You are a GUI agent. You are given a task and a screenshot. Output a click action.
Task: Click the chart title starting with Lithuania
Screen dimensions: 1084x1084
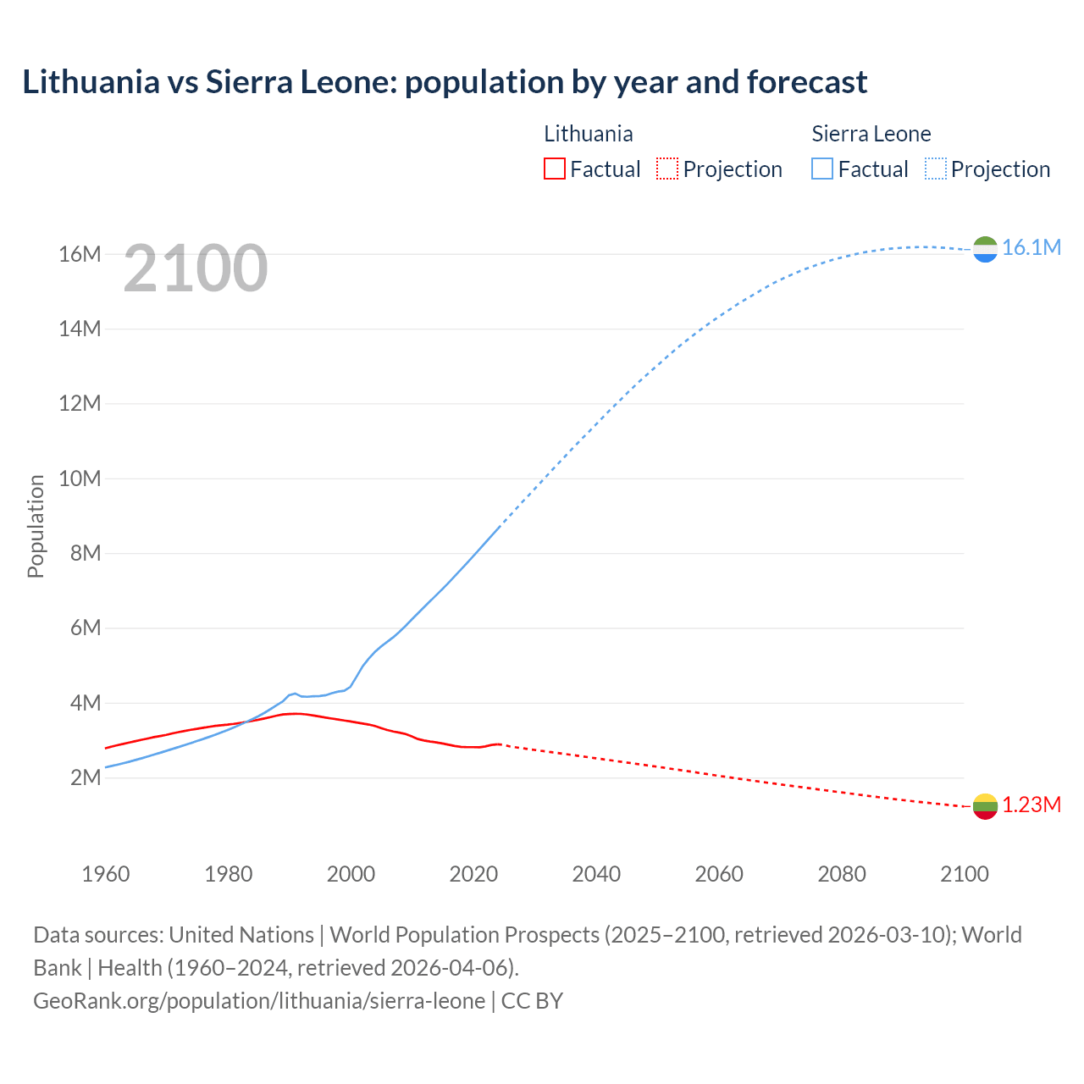click(445, 82)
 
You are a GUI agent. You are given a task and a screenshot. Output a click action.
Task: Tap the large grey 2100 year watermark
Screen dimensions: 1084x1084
click(196, 268)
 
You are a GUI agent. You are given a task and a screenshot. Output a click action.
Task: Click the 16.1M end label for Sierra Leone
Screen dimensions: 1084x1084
click(1031, 247)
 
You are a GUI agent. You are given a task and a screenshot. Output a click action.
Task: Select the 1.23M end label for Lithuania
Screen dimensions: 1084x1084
click(1031, 805)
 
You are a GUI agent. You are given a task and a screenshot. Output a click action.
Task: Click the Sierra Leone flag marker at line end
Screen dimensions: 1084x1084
click(985, 249)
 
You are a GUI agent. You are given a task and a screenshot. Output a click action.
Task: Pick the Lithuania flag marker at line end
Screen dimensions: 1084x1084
click(985, 806)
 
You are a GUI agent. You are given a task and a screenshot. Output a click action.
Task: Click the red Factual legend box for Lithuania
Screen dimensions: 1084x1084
click(554, 169)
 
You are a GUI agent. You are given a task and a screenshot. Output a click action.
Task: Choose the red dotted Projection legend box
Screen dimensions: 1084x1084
click(667, 169)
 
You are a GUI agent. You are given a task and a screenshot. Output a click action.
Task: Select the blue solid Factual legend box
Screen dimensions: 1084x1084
click(822, 169)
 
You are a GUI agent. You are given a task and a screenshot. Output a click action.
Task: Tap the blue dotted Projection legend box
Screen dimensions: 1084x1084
click(935, 169)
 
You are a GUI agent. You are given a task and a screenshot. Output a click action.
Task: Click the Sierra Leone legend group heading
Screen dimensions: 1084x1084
click(871, 134)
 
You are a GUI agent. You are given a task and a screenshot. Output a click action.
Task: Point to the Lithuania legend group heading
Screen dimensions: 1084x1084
click(588, 134)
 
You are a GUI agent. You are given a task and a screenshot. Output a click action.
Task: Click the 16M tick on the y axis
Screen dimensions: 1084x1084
click(80, 254)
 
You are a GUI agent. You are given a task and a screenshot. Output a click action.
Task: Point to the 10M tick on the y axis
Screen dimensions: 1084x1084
click(80, 478)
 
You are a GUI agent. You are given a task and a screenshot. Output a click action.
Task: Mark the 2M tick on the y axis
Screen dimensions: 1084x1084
click(85, 777)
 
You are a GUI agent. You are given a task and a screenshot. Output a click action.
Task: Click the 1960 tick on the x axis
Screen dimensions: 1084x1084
click(106, 874)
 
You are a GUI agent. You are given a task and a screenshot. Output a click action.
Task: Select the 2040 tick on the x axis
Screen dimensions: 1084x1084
click(596, 874)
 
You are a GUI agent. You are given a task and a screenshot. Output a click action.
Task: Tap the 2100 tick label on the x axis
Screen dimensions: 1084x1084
click(964, 874)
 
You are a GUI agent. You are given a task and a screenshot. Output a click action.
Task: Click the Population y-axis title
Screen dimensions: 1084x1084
click(36, 526)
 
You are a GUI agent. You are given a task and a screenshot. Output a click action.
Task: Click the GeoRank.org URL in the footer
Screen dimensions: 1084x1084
click(259, 1001)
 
